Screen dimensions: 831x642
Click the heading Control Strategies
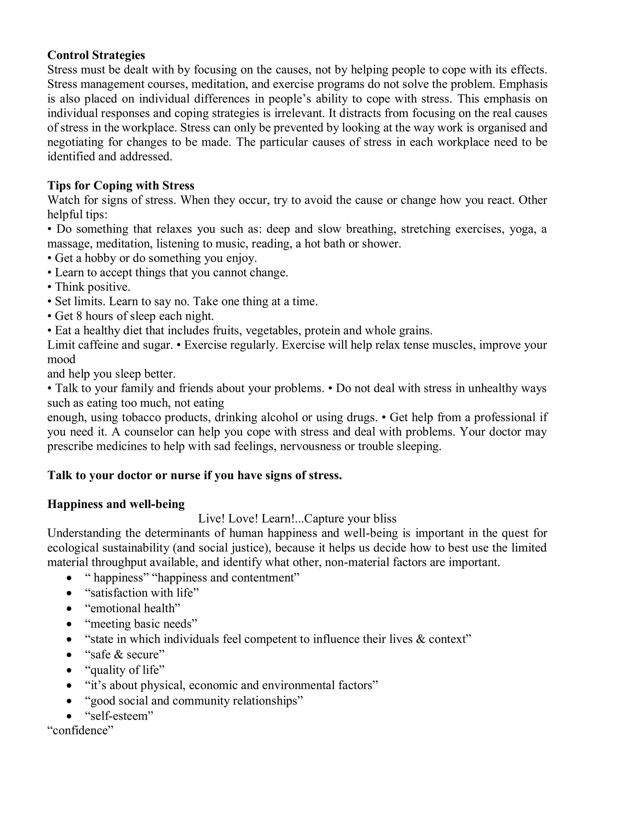[96, 55]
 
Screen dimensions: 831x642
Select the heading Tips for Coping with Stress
[121, 185]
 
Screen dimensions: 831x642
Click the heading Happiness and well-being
[116, 504]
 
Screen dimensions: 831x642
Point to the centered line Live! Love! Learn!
[297, 519]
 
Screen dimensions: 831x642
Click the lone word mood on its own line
[61, 359]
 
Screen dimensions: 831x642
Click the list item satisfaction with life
[141, 593]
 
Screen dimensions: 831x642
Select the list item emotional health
[132, 608]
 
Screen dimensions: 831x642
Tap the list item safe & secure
[124, 654]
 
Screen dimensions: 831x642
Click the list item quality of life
[124, 670]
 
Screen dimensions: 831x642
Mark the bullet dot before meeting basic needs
[69, 624]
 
